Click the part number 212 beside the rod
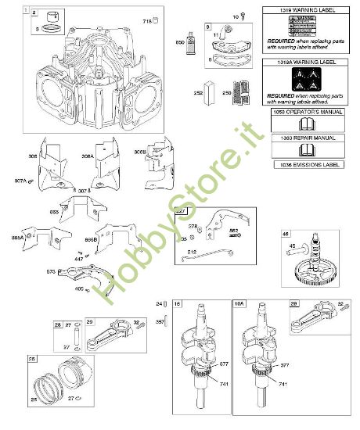191,251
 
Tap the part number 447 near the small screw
77,257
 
